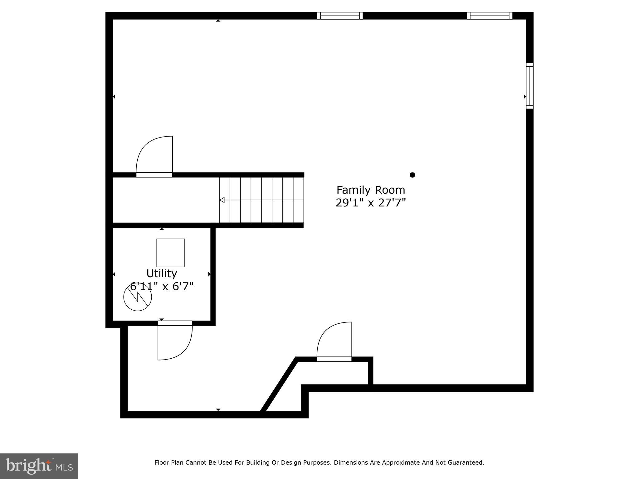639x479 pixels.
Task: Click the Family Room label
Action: [x=371, y=190]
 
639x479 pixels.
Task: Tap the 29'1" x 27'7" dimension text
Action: [x=371, y=203]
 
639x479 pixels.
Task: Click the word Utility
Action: [x=162, y=273]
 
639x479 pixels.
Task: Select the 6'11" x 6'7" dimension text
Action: [x=162, y=286]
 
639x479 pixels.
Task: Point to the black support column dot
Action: [x=412, y=175]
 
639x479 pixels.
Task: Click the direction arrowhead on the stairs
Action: [x=222, y=200]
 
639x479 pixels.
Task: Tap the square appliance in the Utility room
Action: [x=171, y=253]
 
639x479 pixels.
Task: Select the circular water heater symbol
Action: [x=138, y=297]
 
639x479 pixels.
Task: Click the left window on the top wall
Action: [x=340, y=16]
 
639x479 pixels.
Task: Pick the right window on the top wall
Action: [x=490, y=16]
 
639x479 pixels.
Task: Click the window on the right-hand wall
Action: [x=530, y=86]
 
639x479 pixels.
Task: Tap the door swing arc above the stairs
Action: [x=154, y=155]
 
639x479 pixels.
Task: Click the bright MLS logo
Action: [x=39, y=466]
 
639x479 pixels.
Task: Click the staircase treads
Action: [x=261, y=200]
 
